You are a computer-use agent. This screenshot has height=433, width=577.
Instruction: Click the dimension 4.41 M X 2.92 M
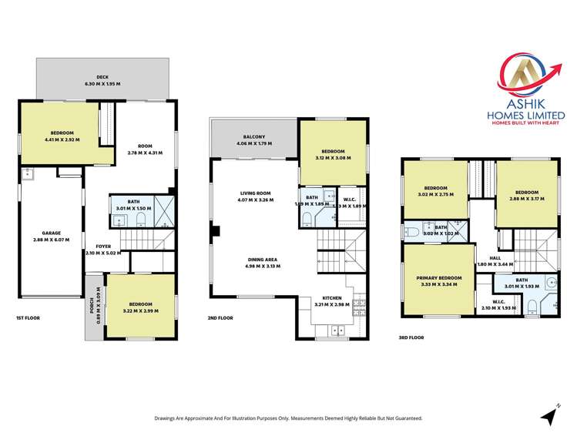pos(61,139)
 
